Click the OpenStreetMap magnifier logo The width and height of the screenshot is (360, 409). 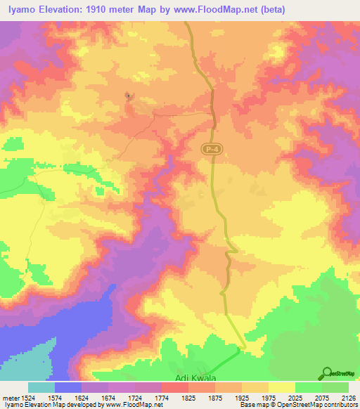[x=326, y=373]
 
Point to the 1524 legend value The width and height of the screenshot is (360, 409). [x=29, y=398]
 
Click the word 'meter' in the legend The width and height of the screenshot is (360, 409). [x=10, y=398]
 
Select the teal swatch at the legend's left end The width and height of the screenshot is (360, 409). [x=41, y=387]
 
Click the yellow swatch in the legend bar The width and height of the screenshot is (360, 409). [x=281, y=387]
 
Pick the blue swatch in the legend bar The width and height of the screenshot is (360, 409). [x=68, y=387]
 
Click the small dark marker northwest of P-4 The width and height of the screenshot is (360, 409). [x=128, y=95]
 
